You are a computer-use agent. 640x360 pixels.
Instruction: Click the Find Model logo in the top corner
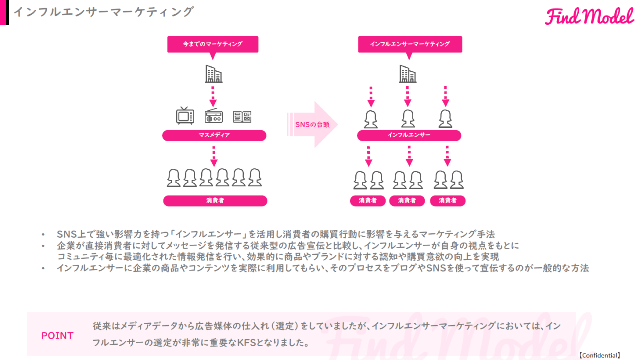coord(589,17)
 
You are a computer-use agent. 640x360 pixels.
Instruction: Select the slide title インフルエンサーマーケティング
coord(103,12)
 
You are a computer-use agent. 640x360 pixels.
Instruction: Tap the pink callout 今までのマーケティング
coord(213,44)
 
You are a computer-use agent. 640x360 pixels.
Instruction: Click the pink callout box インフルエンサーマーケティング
coord(410,44)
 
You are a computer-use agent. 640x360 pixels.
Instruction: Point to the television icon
coord(185,116)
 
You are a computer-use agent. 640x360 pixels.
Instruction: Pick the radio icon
coord(214,116)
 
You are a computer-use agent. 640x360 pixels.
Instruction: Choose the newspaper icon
coord(242,117)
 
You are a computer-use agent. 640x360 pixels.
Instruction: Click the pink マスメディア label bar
coord(214,135)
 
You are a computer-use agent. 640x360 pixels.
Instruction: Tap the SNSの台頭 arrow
coord(313,125)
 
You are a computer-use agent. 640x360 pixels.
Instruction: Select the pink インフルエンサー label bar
coord(409,135)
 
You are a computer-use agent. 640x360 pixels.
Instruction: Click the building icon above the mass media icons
coord(214,74)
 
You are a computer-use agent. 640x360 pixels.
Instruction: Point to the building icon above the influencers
coord(408,74)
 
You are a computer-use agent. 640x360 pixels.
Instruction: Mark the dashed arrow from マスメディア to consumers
coord(214,156)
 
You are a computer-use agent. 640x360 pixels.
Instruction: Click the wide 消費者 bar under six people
coord(215,201)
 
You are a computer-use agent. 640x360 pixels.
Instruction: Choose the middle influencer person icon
coord(408,119)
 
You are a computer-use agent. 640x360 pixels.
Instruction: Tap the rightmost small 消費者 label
coord(447,201)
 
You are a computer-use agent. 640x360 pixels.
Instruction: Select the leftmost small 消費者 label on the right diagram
coord(368,201)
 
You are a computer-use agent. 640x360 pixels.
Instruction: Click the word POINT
coord(57,336)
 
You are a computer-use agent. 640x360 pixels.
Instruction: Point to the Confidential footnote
coord(600,355)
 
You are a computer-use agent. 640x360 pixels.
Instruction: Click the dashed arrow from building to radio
coord(213,96)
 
